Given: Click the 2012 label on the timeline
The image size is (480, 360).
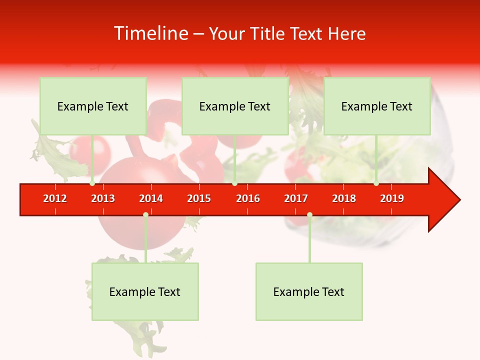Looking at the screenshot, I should pos(55,198).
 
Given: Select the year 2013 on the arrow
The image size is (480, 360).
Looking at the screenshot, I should pos(103,198).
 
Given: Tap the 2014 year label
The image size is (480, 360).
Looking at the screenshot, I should pos(151,198).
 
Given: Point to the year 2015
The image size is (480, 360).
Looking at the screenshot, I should pos(199,198).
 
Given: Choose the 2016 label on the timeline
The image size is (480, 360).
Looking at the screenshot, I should pos(248,198).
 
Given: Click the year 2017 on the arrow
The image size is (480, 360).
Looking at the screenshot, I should pos(296,198).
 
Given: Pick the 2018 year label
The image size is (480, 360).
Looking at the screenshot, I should pos(344,198).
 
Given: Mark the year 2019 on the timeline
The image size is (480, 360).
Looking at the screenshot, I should pos(392,198).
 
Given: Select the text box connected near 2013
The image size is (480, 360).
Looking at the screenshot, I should pos(93,106).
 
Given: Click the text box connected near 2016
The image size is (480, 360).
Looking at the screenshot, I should pos(235,106).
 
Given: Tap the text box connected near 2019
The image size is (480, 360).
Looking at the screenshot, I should pos(377,106).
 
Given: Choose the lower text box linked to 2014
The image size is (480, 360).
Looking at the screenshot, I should pos(145,291).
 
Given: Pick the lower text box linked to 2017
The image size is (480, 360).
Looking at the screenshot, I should pos(309,291).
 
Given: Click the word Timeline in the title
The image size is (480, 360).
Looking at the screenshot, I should pos(150,33).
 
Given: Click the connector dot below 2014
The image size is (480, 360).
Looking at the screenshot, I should pos(145,214).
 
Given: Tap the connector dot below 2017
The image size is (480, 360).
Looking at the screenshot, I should pos(309,214).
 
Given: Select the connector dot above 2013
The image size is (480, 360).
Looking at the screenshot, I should pos(92,183).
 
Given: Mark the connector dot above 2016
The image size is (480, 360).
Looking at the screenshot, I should pos(234,183).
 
